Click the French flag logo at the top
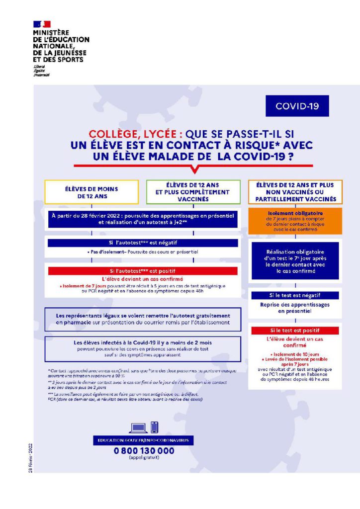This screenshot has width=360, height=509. [x=42, y=24]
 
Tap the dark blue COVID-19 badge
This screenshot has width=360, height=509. [x=297, y=106]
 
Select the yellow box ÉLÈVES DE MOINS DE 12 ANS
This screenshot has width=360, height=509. [x=92, y=192]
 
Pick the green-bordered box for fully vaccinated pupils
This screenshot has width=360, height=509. [x=192, y=192]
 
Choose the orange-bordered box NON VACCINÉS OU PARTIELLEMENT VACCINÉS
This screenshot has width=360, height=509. [x=295, y=192]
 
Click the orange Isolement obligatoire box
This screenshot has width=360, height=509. [x=295, y=221]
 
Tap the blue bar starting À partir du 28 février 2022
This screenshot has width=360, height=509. [x=142, y=219]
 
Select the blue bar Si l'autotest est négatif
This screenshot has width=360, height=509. [x=142, y=244]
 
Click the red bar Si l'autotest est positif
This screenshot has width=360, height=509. [x=142, y=271]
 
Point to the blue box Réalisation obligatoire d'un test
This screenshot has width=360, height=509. [x=295, y=260]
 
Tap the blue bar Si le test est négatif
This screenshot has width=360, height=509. [x=295, y=295]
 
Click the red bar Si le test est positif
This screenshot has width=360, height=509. [x=295, y=331]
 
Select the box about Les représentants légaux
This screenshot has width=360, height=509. [x=142, y=319]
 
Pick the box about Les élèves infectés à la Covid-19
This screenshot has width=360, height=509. [x=142, y=346]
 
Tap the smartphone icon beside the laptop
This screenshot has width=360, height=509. [x=154, y=426]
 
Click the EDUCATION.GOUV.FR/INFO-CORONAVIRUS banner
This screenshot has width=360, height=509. [x=143, y=440]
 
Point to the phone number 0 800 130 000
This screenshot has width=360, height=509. [x=144, y=451]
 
